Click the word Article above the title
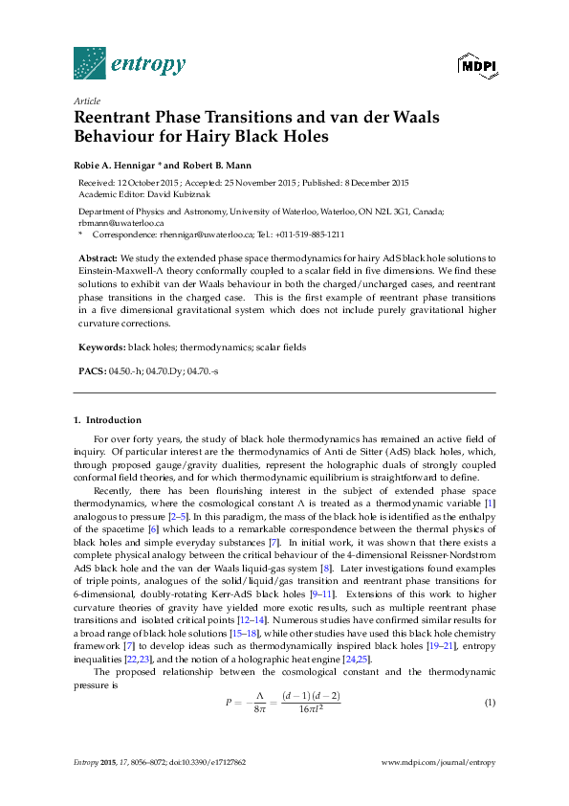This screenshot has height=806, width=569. pos(86,101)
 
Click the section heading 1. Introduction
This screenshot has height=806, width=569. pos(107,420)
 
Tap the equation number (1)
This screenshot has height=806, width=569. pos(490,703)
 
